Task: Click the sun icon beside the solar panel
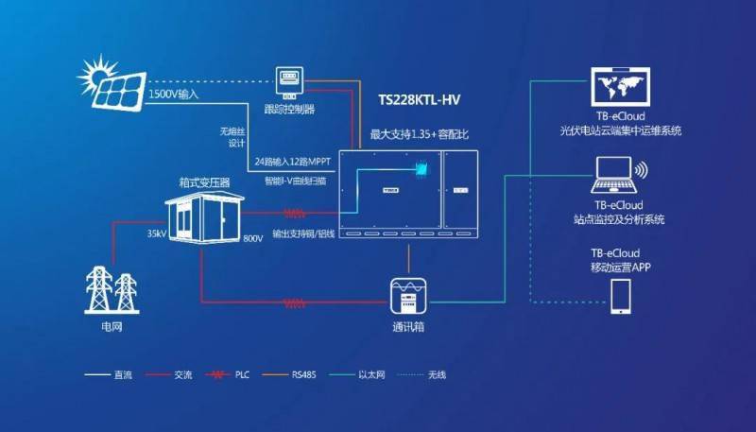[x=94, y=74]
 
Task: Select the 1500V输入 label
[x=173, y=95]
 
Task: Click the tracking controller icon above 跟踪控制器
[x=293, y=83]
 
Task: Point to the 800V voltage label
[x=252, y=238]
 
